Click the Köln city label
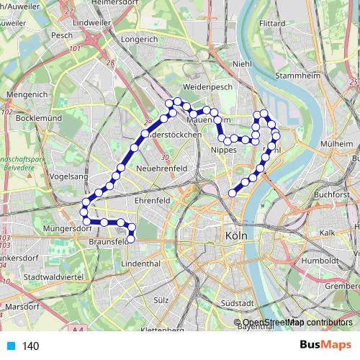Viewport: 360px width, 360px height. pos(237,235)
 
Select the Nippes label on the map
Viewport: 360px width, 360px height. pos(223,149)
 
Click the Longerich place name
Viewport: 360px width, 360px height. pos(140,40)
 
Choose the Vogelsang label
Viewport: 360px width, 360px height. pos(69,176)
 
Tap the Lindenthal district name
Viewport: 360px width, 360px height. pos(140,265)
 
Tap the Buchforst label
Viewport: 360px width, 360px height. pos(331,194)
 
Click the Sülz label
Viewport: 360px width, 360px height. pos(161,298)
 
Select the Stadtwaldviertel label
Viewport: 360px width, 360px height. pos(54,276)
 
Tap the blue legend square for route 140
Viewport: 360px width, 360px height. pos(10,346)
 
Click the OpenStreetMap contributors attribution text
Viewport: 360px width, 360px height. pos(297,323)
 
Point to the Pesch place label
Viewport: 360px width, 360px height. pos(62,34)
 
